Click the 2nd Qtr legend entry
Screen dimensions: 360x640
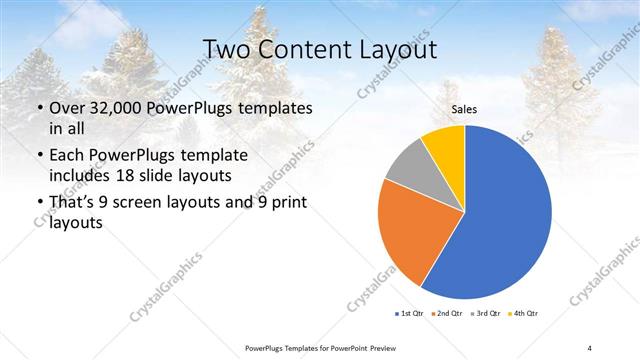pos(446,314)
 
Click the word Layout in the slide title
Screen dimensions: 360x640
pos(398,50)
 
